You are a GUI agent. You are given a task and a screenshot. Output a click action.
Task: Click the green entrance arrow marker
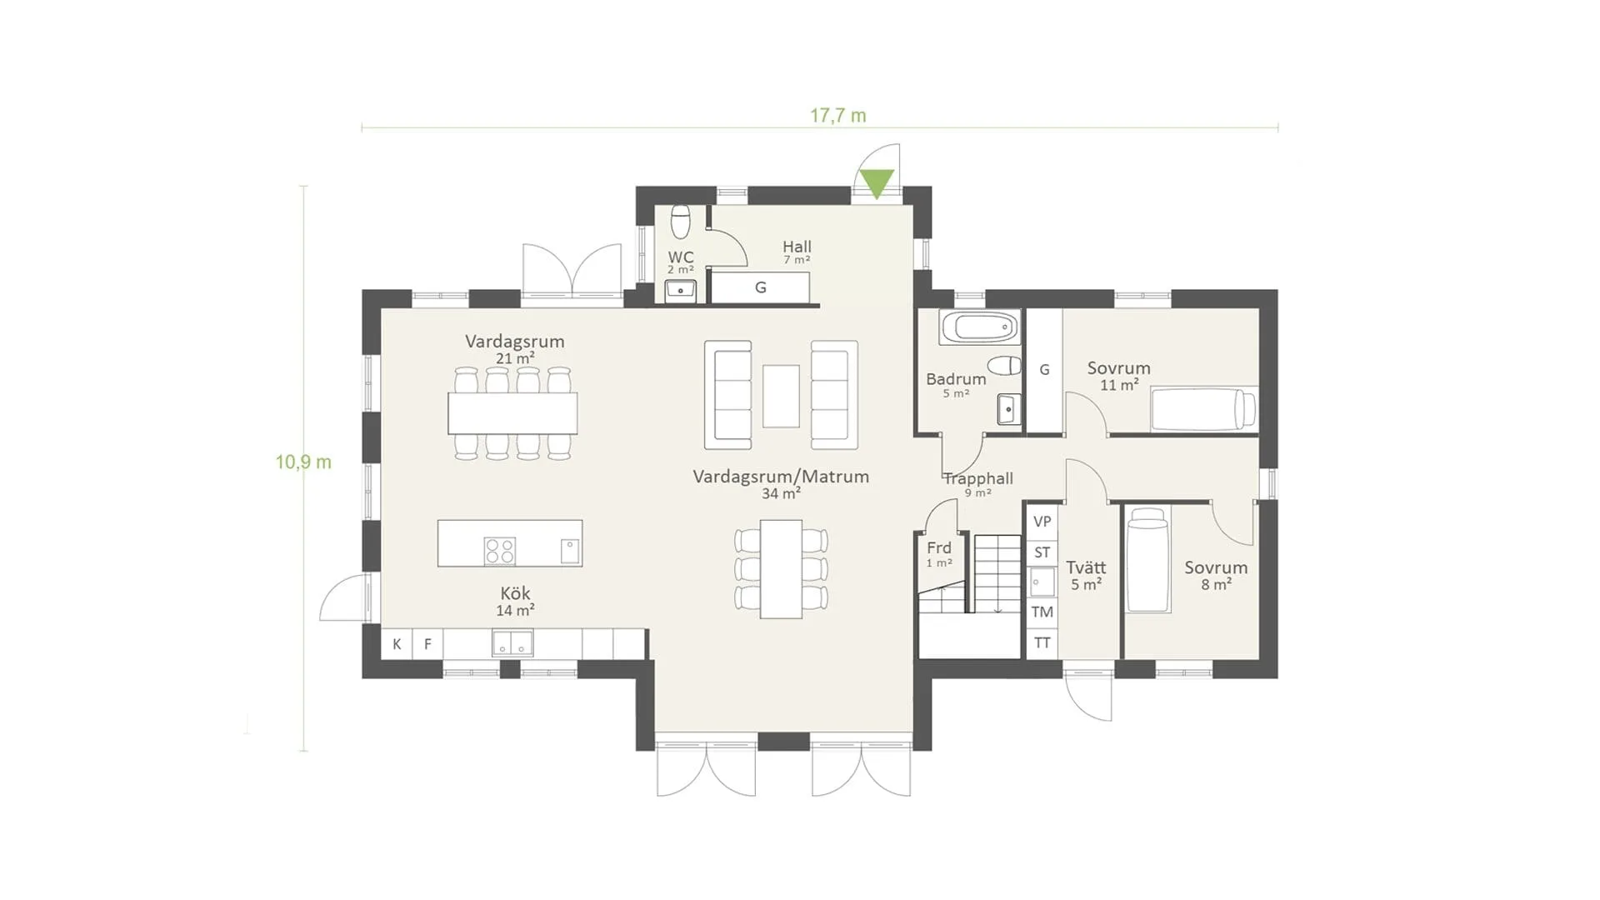click(x=877, y=182)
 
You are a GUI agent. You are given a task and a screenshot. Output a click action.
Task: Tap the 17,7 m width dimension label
click(x=837, y=116)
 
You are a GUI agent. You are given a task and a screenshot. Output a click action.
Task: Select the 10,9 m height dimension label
click(x=303, y=462)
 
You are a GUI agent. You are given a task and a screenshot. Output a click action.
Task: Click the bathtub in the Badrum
click(x=979, y=327)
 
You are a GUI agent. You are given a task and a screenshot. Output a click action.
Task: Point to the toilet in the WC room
click(x=681, y=221)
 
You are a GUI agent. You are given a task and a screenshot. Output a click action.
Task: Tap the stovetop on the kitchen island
click(x=500, y=551)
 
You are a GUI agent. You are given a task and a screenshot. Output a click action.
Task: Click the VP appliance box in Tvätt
click(x=1042, y=522)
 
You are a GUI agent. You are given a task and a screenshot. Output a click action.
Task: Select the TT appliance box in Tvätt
click(x=1042, y=643)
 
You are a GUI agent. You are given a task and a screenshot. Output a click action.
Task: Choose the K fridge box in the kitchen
click(x=397, y=643)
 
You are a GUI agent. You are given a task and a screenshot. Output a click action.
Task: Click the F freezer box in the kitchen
click(x=427, y=643)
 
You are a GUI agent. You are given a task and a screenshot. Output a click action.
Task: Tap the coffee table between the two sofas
click(x=781, y=396)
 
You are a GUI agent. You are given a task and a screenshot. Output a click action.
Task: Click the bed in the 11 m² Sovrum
click(x=1203, y=409)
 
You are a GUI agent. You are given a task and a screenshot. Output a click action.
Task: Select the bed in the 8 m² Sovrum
click(x=1147, y=560)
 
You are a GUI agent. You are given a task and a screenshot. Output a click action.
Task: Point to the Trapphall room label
click(x=978, y=478)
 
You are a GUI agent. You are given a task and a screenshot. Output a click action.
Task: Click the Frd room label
click(x=939, y=547)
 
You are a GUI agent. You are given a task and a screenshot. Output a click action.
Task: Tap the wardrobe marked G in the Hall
click(x=759, y=287)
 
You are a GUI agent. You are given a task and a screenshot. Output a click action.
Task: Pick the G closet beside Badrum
click(x=1044, y=371)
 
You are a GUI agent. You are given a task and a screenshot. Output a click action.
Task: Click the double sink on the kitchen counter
click(x=512, y=643)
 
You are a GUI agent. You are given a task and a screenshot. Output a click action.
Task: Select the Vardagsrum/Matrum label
click(x=781, y=477)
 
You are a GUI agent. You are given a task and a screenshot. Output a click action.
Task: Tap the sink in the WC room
click(x=681, y=291)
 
